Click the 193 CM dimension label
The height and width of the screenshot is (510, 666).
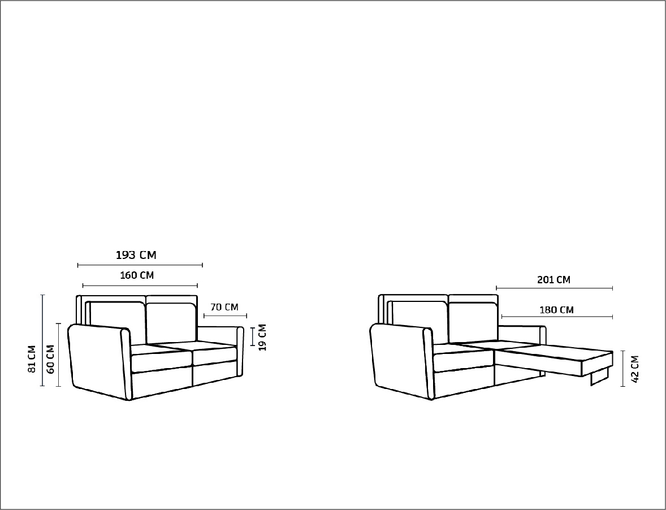[x=136, y=255]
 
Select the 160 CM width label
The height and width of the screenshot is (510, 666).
[x=137, y=275]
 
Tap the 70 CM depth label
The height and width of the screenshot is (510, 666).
[x=224, y=307]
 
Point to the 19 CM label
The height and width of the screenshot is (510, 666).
[x=262, y=337]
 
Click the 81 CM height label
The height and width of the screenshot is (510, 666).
[x=32, y=359]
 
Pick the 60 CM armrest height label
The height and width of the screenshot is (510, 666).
[x=50, y=359]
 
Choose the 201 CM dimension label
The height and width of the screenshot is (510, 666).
[x=554, y=280]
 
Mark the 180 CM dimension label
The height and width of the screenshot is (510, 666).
[x=556, y=310]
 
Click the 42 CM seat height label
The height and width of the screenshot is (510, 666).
[x=635, y=369]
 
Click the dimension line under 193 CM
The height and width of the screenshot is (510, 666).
[x=140, y=265]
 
